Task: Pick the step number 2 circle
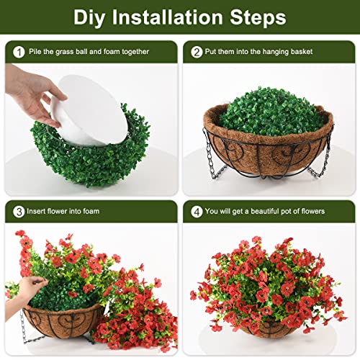click(197, 53)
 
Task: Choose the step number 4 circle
click(197, 211)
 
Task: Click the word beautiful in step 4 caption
click(271, 211)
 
